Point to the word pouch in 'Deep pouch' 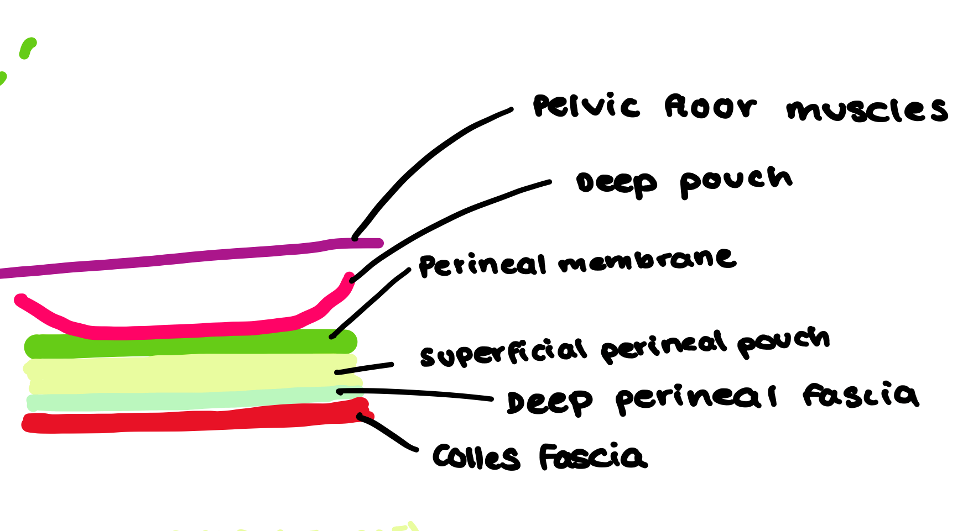pos(736,181)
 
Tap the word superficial pos(502,353)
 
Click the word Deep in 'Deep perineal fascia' pos(549,402)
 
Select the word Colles pos(476,458)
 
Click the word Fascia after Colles pos(592,457)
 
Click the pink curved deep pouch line pos(166,331)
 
